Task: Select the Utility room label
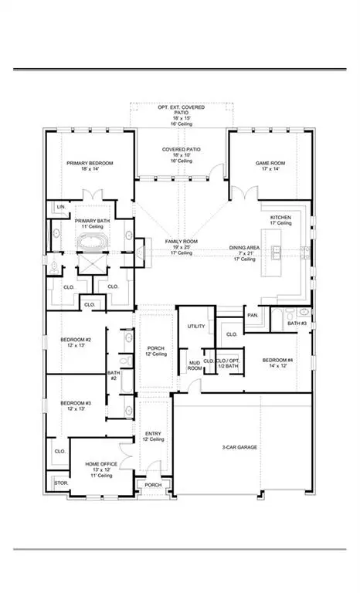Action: (196, 326)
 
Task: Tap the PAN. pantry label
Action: (252, 316)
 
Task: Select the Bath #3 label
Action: (298, 323)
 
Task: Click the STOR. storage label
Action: (60, 483)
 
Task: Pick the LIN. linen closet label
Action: (59, 207)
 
